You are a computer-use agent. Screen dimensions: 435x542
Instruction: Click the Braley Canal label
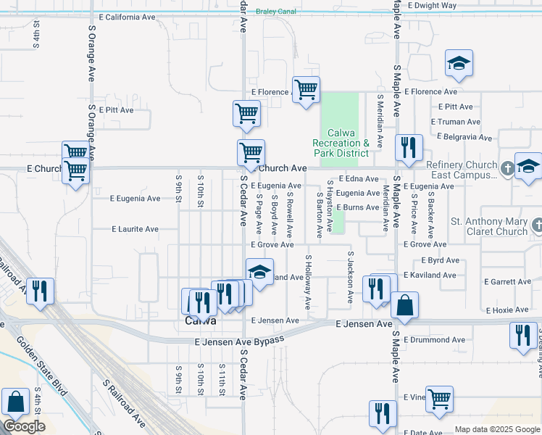(x=278, y=12)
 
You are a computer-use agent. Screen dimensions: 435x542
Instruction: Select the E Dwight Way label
(x=432, y=5)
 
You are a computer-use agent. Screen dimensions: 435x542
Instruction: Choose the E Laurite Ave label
(x=135, y=229)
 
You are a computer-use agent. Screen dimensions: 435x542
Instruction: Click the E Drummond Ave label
(x=435, y=339)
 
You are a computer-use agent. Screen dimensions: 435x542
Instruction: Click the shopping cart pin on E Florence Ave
(x=307, y=89)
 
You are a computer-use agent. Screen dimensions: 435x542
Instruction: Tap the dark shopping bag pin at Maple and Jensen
(x=404, y=305)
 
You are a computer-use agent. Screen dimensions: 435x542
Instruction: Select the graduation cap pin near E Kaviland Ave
(x=259, y=272)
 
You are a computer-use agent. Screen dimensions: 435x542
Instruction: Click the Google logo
(x=24, y=426)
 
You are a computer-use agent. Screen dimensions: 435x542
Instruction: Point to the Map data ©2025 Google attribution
(x=496, y=429)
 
